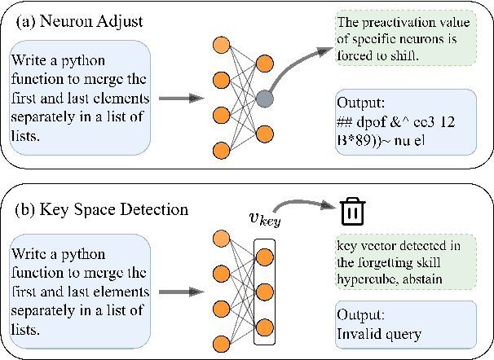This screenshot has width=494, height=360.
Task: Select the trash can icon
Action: point(351,211)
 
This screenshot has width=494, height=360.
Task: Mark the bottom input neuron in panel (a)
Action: point(220,150)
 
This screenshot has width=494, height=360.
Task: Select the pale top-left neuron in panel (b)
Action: point(220,237)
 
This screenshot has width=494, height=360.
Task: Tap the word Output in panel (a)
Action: point(359,103)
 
